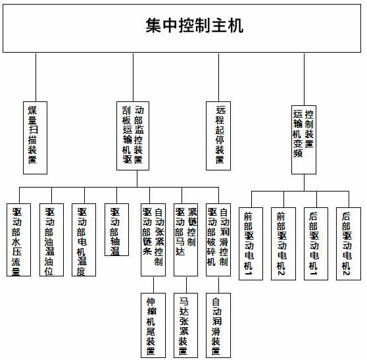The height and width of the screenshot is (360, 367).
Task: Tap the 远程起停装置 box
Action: point(220,137)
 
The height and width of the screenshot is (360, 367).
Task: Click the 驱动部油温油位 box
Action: point(51,240)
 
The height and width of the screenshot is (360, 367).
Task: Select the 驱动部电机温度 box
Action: point(84,240)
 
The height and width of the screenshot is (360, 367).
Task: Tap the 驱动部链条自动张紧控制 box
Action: point(153,240)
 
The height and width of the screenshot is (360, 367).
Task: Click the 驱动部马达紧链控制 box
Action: point(186,240)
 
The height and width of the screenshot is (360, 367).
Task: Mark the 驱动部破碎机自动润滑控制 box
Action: point(218,240)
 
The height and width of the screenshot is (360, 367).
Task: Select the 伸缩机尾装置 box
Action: point(153,324)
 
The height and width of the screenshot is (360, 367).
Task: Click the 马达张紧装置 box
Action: point(185,324)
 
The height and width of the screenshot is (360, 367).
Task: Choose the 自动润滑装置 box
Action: point(218,324)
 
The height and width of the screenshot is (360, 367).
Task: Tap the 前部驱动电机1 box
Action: point(250,244)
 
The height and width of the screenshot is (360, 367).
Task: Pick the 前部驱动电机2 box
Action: point(282,244)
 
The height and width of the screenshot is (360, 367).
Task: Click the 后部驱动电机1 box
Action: point(315,244)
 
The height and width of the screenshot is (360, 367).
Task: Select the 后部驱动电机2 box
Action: point(348,244)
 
